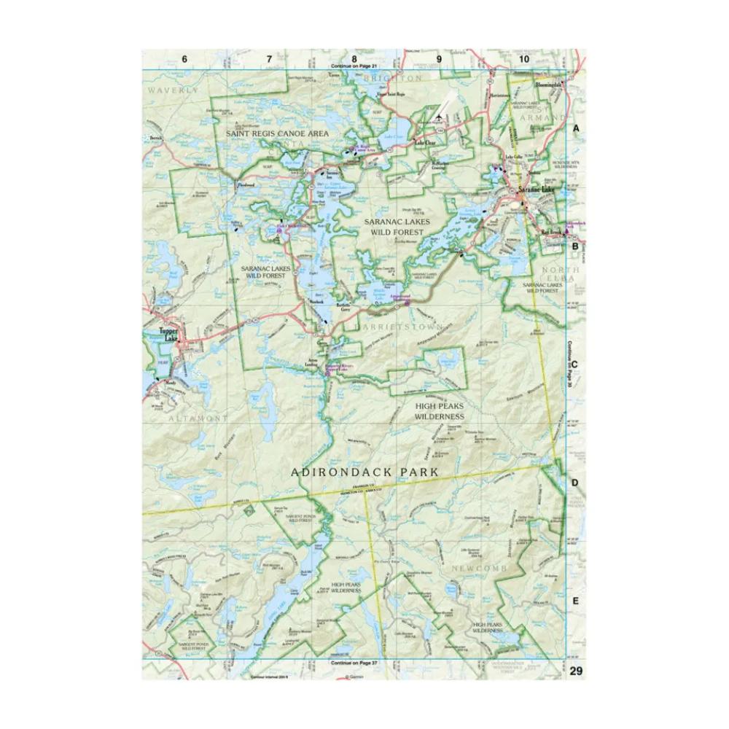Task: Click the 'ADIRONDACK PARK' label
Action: [x=364, y=472]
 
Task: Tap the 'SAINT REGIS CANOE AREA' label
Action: [x=277, y=134]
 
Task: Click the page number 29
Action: [x=577, y=671]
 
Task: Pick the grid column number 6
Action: [x=184, y=58]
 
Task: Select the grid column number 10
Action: [x=523, y=58]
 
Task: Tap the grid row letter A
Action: [x=575, y=128]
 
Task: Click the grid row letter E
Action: [x=575, y=601]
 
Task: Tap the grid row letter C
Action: [x=575, y=364]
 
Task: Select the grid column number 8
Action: [x=354, y=58]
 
